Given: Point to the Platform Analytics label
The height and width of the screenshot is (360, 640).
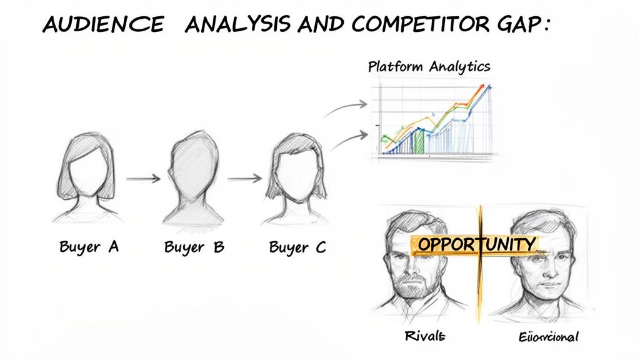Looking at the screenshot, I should pyautogui.click(x=429, y=67).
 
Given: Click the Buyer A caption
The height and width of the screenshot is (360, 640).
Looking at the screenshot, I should pyautogui.click(x=89, y=246).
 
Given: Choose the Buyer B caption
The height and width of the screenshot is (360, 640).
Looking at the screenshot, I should pyautogui.click(x=194, y=247).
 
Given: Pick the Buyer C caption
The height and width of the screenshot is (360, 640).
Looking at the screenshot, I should pyautogui.click(x=297, y=247).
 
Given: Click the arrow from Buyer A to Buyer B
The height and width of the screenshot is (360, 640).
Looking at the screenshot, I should pyautogui.click(x=143, y=179).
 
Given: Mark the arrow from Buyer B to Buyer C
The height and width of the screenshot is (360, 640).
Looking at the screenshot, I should pyautogui.click(x=244, y=179).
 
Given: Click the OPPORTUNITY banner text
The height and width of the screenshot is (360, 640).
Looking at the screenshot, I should pyautogui.click(x=477, y=244).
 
